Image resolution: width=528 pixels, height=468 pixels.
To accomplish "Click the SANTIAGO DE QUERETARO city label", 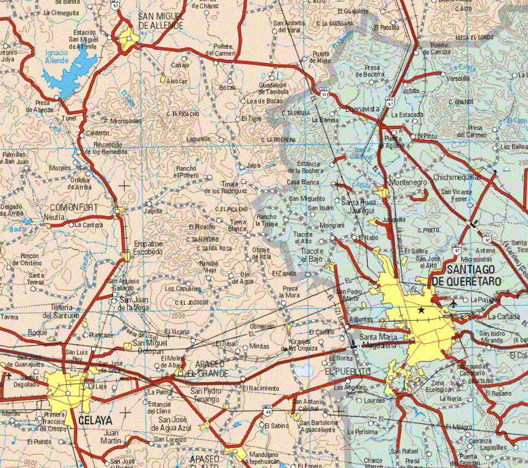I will (x=467, y=275).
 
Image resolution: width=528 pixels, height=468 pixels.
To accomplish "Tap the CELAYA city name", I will (x=95, y=420).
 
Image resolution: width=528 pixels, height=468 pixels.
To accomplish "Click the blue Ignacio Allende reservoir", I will (x=67, y=70).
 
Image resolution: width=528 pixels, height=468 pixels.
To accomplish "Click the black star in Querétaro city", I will (x=421, y=311).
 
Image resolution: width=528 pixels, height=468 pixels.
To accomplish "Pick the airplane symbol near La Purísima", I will (x=453, y=302).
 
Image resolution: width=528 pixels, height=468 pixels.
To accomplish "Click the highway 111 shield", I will (x=325, y=95).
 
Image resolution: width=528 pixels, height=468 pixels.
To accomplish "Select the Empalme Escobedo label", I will (x=148, y=247).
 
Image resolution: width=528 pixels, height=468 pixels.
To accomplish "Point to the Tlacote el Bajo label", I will (x=312, y=255).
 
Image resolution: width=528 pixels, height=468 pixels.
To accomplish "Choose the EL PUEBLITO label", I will (x=348, y=371).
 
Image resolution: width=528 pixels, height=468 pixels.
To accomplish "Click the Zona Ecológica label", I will (x=438, y=385).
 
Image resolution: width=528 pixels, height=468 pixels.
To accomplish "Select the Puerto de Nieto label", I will (x=321, y=57).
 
